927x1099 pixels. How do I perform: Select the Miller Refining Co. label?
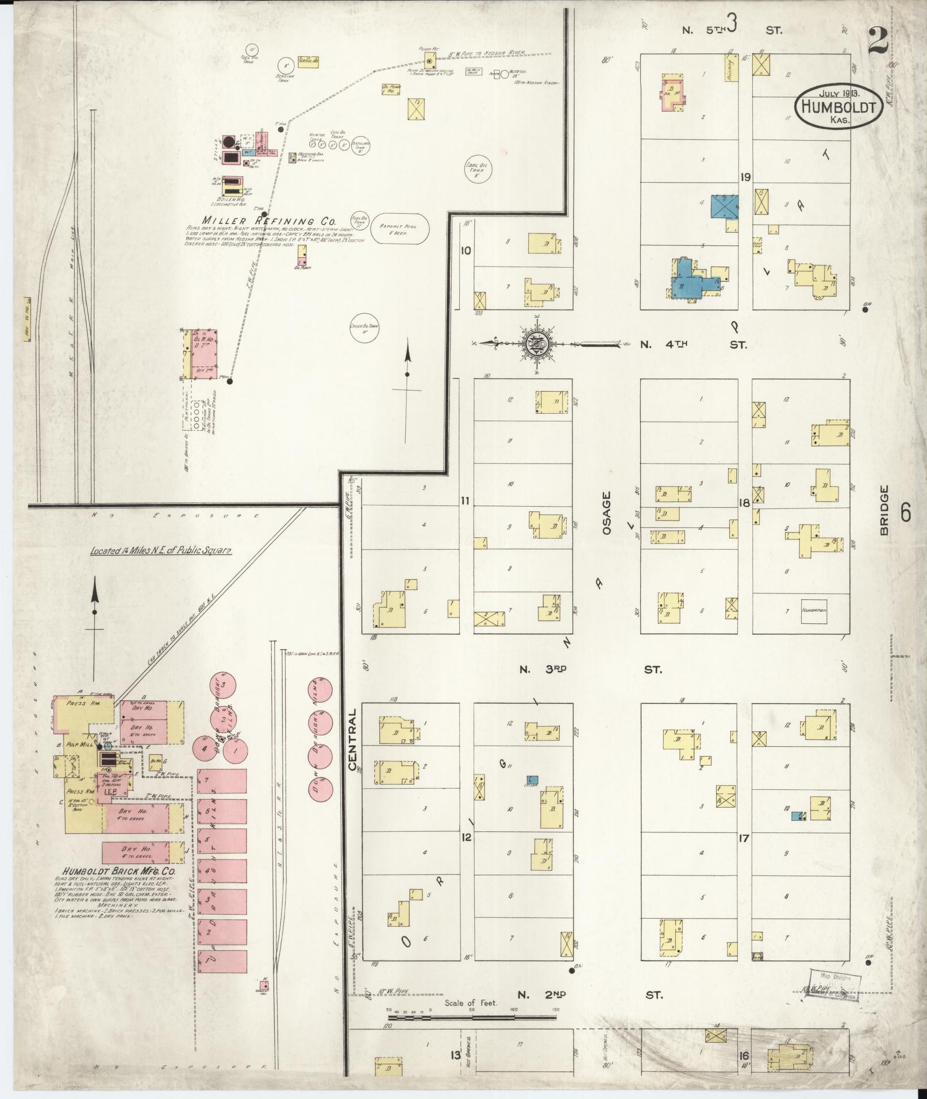268,221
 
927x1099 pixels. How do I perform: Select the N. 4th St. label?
694,345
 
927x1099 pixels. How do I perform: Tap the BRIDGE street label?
884,510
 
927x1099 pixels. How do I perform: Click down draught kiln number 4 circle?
203,749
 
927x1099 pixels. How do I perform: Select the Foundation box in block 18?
814,611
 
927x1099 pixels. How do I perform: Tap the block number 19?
745,177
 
